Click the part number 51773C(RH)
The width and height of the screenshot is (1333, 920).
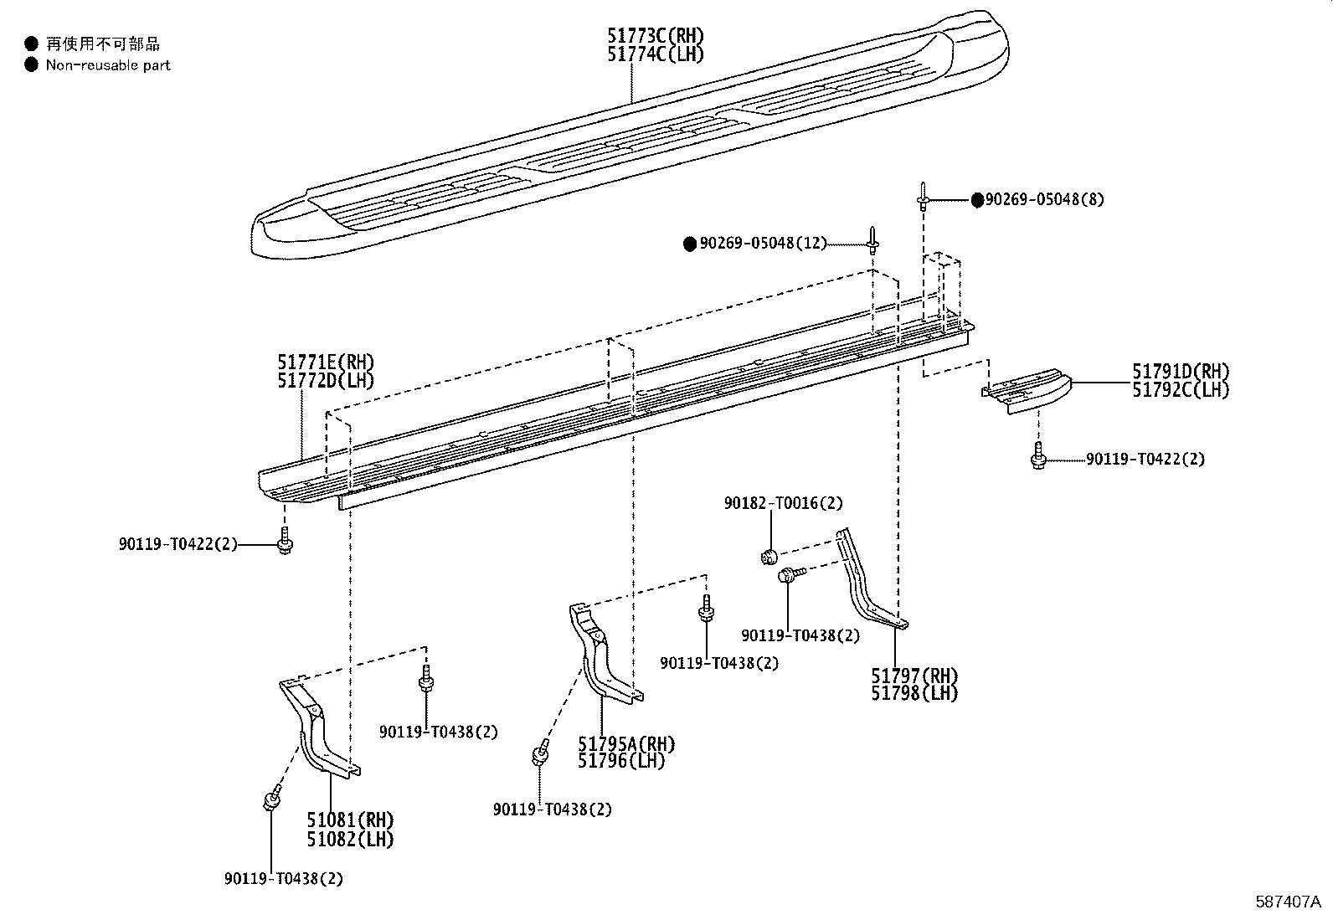click(x=656, y=35)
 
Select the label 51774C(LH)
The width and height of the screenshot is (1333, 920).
click(x=655, y=54)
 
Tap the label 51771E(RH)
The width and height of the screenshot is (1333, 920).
click(x=326, y=362)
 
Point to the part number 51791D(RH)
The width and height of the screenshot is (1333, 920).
click(x=1181, y=371)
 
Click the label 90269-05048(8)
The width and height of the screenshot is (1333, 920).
click(x=1044, y=200)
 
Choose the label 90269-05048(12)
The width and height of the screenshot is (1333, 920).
click(x=763, y=244)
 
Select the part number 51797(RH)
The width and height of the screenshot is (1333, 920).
click(x=914, y=676)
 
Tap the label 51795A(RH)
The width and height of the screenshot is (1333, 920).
click(x=625, y=743)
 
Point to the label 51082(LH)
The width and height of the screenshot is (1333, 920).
click(x=349, y=838)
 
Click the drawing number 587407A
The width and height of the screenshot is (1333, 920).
click(x=1287, y=902)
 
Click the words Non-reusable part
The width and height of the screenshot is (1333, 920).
click(x=108, y=64)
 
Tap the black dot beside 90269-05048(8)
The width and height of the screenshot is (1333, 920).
click(x=977, y=200)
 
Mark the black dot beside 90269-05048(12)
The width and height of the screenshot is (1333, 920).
click(x=690, y=244)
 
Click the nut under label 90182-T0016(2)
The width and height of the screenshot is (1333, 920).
click(x=769, y=555)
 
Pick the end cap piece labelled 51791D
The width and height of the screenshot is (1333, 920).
click(x=1026, y=391)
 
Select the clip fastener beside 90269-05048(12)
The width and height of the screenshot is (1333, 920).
click(x=872, y=241)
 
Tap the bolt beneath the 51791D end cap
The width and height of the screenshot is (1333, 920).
click(x=1038, y=459)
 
